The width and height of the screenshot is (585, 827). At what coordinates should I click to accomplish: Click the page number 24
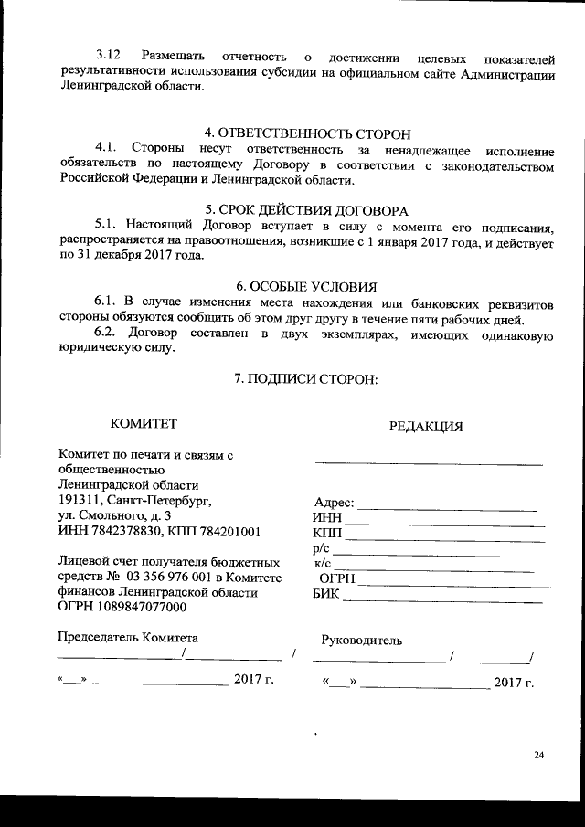coord(538,754)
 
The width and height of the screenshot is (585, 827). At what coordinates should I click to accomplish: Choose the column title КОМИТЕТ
coord(144,423)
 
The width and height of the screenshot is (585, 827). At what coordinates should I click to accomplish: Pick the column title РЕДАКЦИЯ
coord(426,426)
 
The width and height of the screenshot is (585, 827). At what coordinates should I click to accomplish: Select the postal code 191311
coord(78,500)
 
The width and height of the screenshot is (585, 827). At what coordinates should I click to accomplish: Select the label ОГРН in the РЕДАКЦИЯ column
coord(336,579)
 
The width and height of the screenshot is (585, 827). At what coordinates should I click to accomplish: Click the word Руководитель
coord(362,641)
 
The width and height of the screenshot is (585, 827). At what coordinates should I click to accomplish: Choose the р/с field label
coord(320,548)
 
